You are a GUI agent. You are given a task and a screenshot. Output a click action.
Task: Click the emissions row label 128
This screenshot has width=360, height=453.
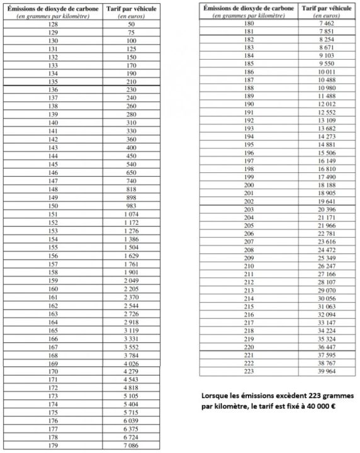(x=53, y=23)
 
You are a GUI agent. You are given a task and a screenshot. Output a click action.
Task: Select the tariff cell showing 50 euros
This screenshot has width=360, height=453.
(x=131, y=23)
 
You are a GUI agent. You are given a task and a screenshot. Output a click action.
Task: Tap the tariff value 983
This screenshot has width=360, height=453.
(x=131, y=205)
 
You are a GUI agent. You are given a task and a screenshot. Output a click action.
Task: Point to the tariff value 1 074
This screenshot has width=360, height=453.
(x=131, y=213)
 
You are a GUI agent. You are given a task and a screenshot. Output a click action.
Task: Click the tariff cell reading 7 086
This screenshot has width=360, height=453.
(x=131, y=445)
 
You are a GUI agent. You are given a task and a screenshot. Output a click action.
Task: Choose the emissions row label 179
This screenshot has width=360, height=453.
(x=53, y=445)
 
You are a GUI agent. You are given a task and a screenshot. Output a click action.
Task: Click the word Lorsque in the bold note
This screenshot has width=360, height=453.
(x=216, y=396)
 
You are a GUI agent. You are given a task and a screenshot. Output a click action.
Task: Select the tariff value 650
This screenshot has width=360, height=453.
(x=131, y=172)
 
